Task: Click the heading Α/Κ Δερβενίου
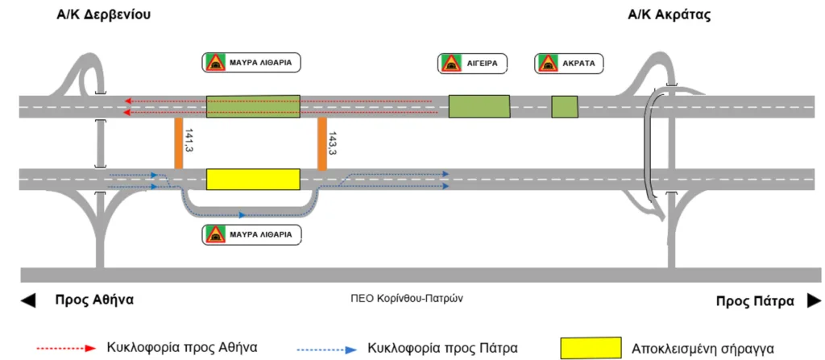click(104, 15)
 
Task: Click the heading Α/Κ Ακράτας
click(669, 15)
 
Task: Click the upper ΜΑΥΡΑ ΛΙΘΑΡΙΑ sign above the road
click(252, 63)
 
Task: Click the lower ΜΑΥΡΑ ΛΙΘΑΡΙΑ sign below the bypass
click(252, 235)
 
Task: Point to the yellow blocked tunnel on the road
click(253, 180)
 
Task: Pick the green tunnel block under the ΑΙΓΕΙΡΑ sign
click(479, 106)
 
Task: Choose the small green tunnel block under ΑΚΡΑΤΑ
click(565, 106)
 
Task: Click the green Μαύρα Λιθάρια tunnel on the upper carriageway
click(253, 106)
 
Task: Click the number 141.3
click(190, 142)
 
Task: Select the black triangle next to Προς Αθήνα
click(28, 300)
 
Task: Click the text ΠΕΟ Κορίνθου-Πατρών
click(408, 297)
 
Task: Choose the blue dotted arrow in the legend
click(326, 349)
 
